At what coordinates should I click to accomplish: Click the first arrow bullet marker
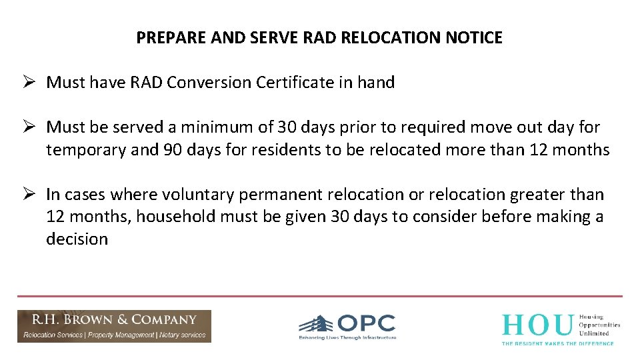click(x=28, y=83)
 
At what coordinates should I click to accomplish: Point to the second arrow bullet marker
click(x=28, y=127)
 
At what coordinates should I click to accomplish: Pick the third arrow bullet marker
click(x=28, y=195)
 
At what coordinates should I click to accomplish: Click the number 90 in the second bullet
click(x=170, y=149)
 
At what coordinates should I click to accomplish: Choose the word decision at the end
click(x=77, y=239)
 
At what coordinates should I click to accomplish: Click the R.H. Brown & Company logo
click(x=114, y=326)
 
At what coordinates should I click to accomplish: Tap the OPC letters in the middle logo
click(x=366, y=323)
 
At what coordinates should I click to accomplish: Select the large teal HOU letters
click(x=537, y=325)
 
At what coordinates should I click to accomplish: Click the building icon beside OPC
click(x=316, y=324)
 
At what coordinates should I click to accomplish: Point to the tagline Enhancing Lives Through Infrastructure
click(x=347, y=338)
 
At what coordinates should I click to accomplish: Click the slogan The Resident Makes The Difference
click(x=557, y=343)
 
